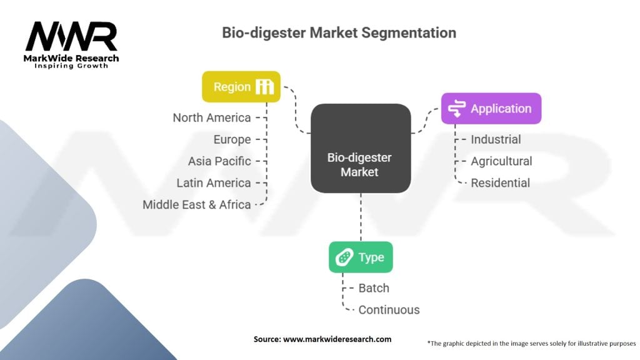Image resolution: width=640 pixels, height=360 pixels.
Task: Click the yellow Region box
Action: coord(241,86)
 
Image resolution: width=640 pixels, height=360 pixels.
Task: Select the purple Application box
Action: coord(491,109)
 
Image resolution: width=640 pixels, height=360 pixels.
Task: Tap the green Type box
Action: coord(361,257)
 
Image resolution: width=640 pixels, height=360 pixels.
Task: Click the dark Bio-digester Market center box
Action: coord(361,148)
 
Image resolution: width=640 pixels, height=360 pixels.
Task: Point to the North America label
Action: coord(212,117)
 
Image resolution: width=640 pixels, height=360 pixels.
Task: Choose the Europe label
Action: coord(232,139)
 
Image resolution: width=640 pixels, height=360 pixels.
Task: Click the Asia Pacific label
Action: coord(219,161)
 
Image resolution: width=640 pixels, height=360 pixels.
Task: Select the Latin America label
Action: coord(214,183)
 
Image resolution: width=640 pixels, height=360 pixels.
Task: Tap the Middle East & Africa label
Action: coord(197,204)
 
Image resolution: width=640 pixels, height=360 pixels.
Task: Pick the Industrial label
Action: coord(496,139)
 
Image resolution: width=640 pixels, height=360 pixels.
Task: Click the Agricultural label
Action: coord(502,161)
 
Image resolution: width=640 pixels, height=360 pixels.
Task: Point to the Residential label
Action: coord(501,183)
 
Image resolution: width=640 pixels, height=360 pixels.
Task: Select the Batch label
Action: coord(374,288)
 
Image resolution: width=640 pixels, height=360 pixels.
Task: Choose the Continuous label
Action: coord(389,310)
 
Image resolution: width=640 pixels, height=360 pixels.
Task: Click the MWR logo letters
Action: coord(71,36)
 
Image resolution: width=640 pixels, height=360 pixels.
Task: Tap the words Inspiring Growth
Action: coord(71,66)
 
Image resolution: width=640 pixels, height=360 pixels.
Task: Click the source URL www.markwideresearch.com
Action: coord(337,339)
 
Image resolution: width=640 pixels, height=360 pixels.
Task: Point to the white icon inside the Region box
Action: coord(264,86)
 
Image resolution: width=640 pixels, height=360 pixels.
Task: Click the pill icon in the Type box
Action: coord(344,257)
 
